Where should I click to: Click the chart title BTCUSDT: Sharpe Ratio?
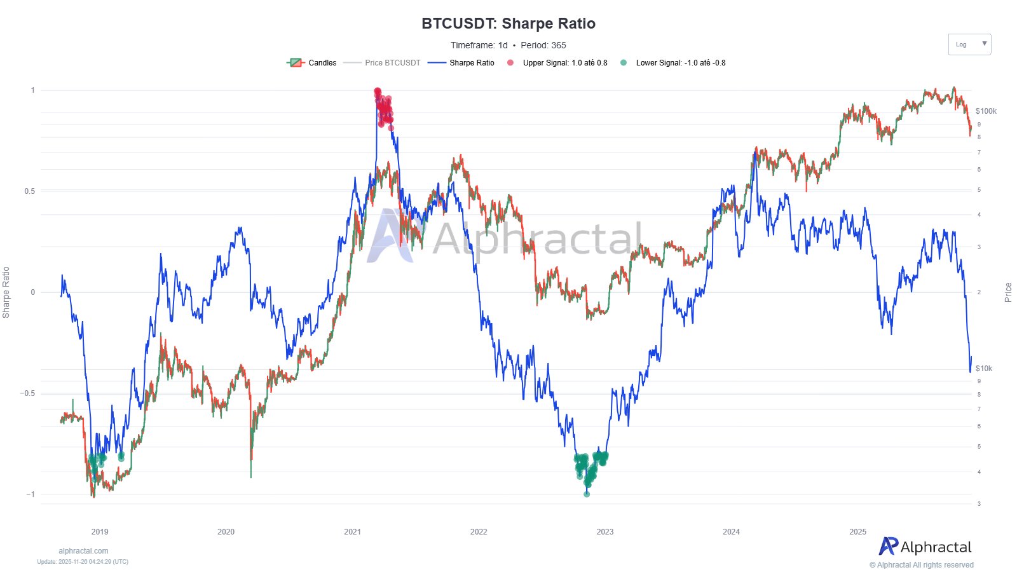pos(508,24)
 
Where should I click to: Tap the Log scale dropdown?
pos(969,44)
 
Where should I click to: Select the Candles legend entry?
pos(312,63)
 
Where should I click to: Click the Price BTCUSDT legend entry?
pos(383,63)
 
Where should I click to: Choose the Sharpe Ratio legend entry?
pos(461,63)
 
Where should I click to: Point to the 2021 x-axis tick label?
pos(352,532)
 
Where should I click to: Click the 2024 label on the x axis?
pos(731,532)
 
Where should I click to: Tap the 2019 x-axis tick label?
pos(100,532)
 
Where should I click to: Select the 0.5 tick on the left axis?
pos(29,191)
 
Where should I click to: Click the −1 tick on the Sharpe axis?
pos(30,494)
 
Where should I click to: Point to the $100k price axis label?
pos(986,111)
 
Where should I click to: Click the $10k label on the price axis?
pos(983,369)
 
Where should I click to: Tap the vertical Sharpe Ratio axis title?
pos(6,292)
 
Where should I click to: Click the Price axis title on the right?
pos(1007,292)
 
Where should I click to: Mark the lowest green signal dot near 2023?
pos(587,494)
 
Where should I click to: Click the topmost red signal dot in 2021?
pos(378,91)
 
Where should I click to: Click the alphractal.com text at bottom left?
pos(83,551)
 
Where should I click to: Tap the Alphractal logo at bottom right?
pos(925,547)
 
